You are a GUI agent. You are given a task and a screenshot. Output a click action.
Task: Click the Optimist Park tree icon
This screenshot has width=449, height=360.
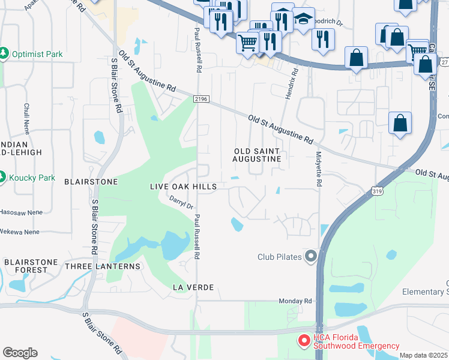pos(5,54)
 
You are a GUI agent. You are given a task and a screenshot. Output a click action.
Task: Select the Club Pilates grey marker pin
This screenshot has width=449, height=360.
pos(310,257)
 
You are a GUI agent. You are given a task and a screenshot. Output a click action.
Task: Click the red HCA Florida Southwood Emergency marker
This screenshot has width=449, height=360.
pos(304,341)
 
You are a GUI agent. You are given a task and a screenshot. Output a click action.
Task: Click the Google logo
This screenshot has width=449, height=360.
pos(20,352)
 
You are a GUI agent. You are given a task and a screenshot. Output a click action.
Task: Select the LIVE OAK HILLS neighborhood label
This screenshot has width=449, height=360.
pos(183,187)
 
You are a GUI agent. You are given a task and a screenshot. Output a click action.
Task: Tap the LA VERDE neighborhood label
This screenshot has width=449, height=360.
pos(193,287)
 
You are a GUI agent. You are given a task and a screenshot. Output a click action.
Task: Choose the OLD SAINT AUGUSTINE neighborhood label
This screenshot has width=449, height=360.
pos(257,155)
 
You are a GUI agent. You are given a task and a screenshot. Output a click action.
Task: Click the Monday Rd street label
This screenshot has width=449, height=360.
pos(295,301)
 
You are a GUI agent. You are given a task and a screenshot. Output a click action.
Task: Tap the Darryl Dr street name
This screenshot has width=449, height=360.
pos(181,203)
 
